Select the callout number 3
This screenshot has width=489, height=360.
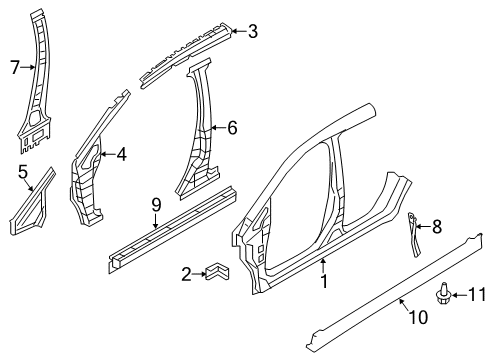tap(253, 31)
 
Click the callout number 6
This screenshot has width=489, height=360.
tap(232, 127)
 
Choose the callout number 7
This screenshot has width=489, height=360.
tap(14, 68)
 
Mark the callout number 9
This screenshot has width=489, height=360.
tap(155, 205)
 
